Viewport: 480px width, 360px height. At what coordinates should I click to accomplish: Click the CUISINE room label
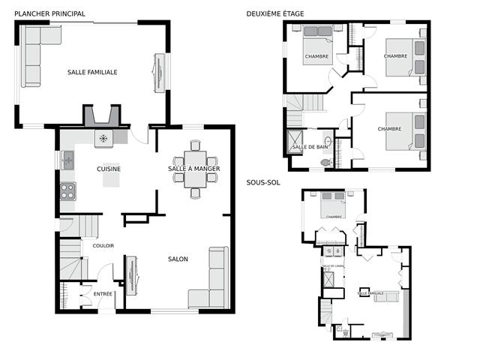(109, 169)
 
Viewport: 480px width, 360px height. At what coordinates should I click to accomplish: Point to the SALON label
(178, 259)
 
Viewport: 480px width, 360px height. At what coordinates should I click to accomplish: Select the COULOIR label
(103, 245)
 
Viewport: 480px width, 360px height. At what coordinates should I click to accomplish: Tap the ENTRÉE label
(103, 294)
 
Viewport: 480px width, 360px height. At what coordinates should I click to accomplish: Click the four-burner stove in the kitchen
(68, 190)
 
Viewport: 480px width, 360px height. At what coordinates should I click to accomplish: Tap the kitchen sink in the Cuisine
(68, 158)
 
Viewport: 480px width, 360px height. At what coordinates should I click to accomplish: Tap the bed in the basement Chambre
(333, 201)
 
